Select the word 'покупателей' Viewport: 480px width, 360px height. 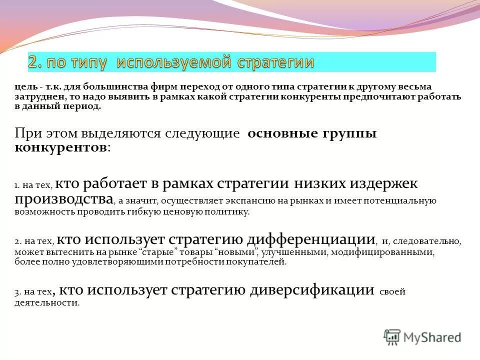[260, 261]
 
